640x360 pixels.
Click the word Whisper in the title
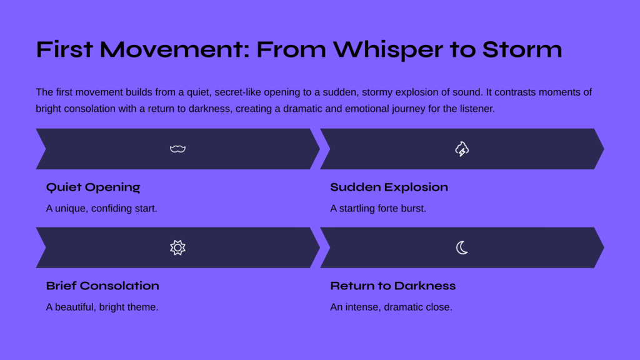coord(388,50)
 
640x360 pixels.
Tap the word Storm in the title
coord(522,49)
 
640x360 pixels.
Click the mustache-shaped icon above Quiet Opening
coord(177,149)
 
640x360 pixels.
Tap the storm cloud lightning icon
coord(462,149)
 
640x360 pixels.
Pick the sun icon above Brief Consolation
coord(177,247)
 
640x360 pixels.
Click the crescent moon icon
coord(462,247)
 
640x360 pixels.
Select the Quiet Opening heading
coord(93,187)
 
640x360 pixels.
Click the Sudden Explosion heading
coord(389,187)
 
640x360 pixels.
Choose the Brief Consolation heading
coord(102,286)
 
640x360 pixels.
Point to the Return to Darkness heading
coord(392,286)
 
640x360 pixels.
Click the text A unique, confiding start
coord(102,209)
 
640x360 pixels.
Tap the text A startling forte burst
coord(378,209)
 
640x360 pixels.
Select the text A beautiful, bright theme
coord(102,307)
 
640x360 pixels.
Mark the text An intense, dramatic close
coord(391,307)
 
